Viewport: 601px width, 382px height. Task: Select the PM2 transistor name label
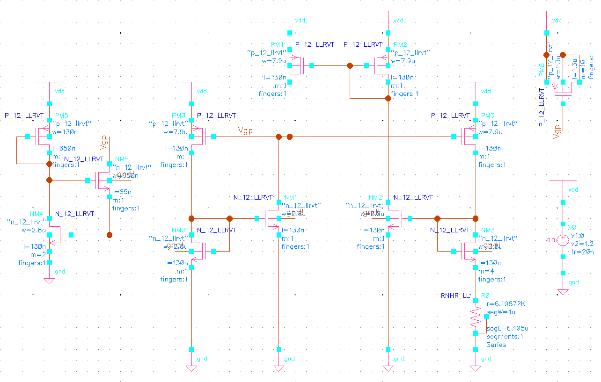pos(401,44)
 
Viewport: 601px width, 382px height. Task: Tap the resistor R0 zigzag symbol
pos(476,316)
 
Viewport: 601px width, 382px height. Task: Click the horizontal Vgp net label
pos(245,131)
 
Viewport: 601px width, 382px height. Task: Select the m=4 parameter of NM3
pos(486,271)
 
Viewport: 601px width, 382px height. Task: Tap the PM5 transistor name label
pos(62,115)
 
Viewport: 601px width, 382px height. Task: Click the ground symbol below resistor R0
pos(476,368)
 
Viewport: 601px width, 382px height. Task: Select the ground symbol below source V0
pos(563,292)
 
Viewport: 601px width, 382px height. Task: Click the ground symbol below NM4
pos(49,281)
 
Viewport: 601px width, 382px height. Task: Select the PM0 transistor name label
pos(179,115)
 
